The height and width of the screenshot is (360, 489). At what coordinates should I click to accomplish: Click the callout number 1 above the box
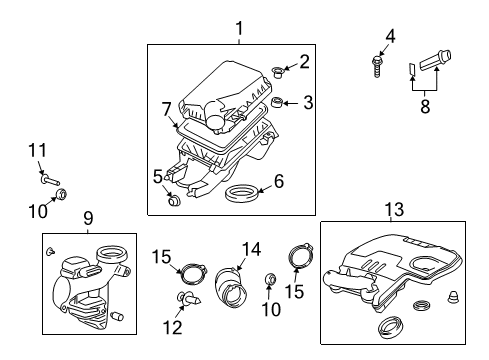click(238, 29)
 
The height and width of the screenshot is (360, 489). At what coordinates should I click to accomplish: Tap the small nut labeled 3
click(279, 102)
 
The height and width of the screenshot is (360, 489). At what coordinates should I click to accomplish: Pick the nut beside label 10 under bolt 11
click(62, 193)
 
